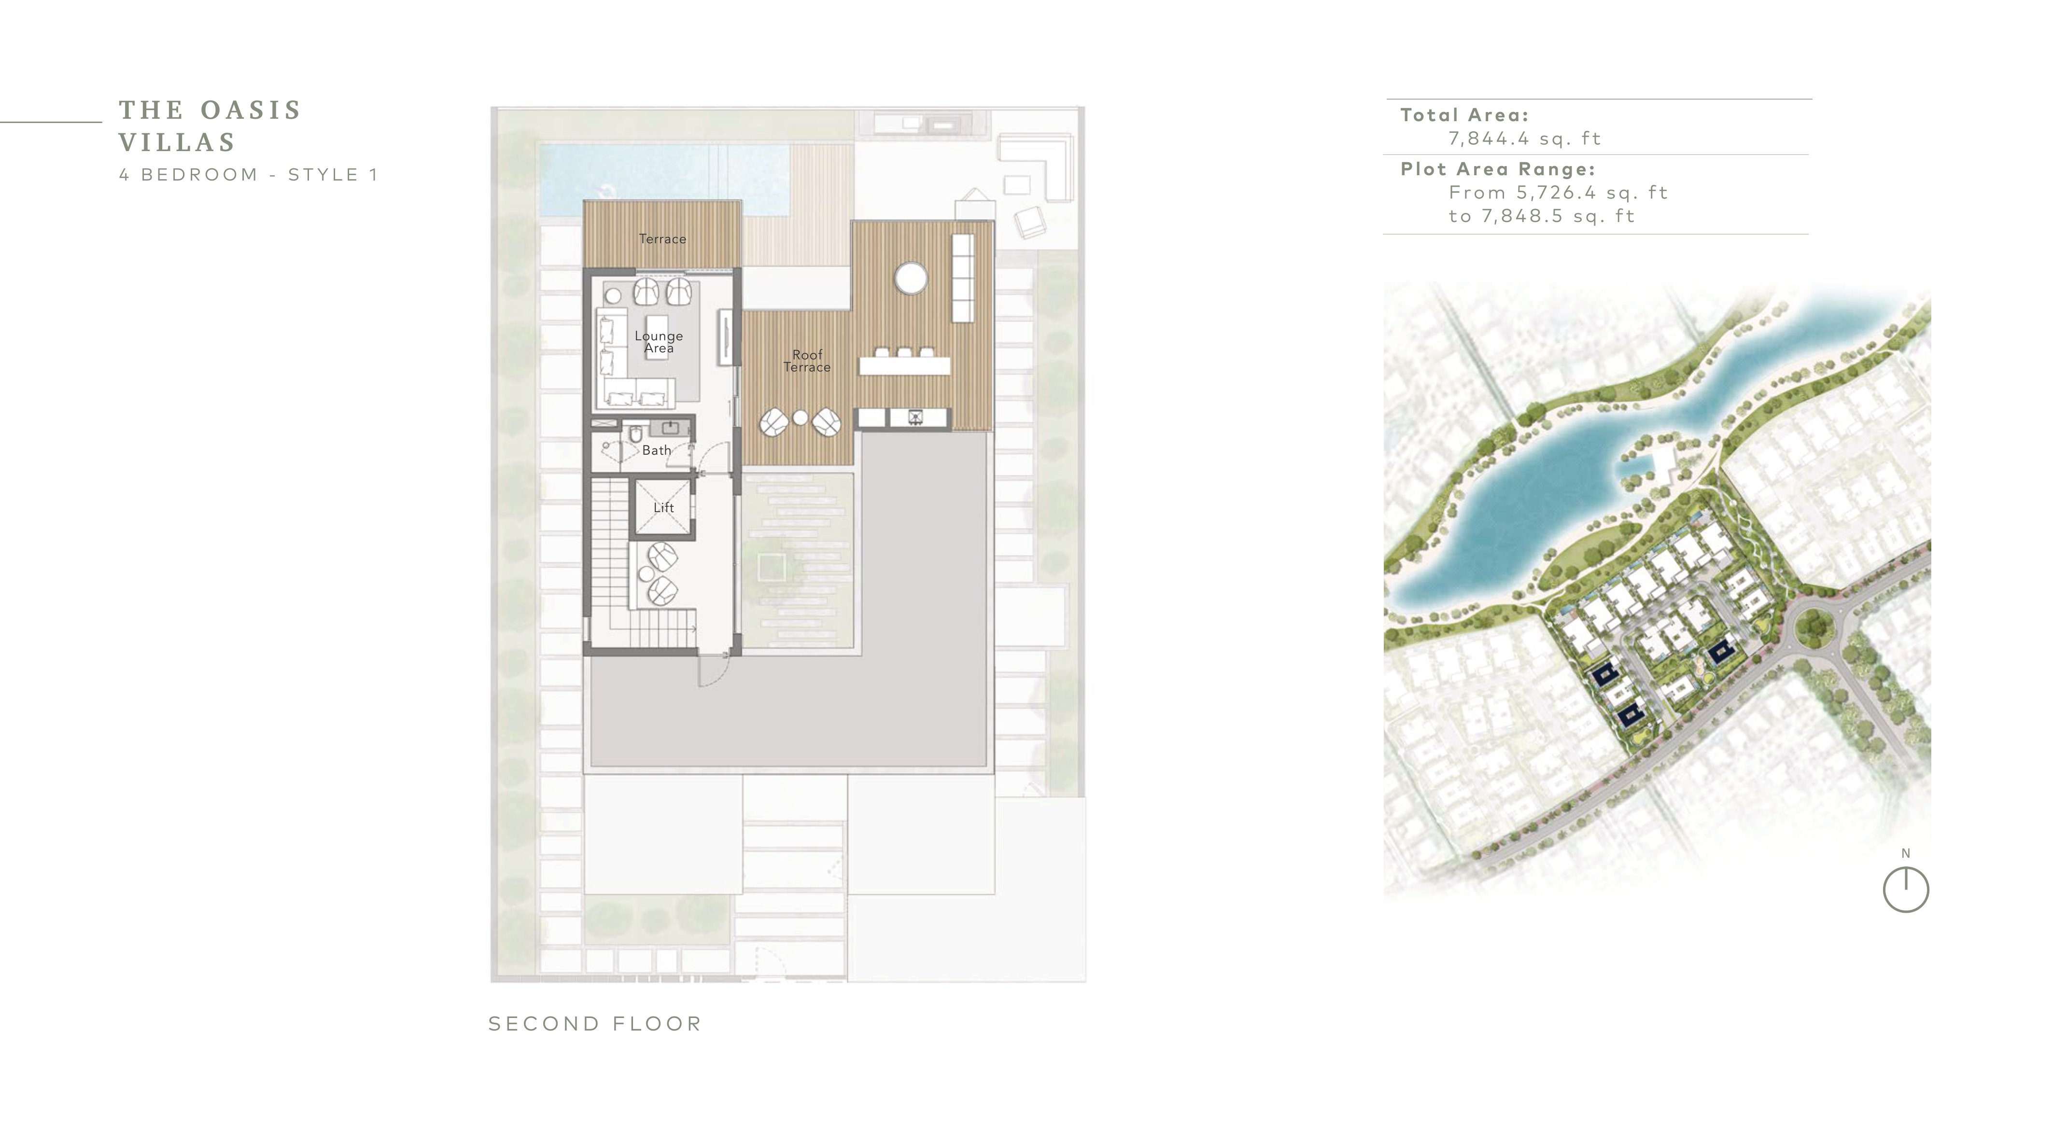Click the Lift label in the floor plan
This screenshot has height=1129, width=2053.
663,507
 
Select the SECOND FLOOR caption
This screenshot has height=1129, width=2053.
594,1024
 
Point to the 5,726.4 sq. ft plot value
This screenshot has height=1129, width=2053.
1591,193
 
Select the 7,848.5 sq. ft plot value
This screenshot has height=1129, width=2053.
1558,216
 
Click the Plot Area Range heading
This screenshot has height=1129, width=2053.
1498,170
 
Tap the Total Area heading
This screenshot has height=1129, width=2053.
1464,115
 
